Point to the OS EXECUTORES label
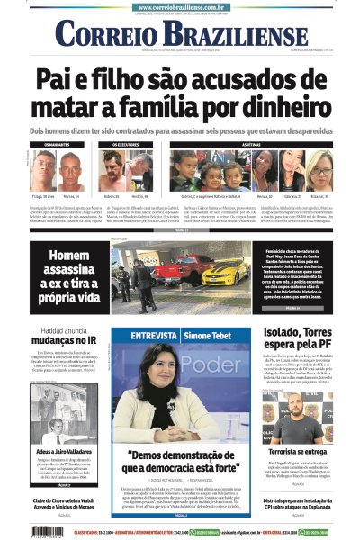[112, 144]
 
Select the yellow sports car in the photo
[220, 274]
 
